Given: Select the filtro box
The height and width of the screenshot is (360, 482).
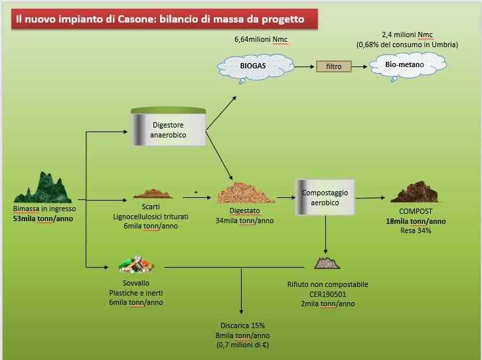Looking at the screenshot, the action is coord(333,66).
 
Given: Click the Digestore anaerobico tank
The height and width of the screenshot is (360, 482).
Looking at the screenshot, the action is coord(168,126).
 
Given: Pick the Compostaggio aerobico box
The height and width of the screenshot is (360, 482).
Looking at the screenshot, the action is coord(325,197).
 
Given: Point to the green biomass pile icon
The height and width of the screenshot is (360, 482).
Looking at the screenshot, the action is coord(43,187).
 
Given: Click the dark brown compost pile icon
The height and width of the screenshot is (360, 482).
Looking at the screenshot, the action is coord(414,192).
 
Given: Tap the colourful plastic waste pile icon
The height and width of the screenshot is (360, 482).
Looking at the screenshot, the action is coord(137,264).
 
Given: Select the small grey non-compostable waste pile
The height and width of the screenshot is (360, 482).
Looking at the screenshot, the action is coord(327,263).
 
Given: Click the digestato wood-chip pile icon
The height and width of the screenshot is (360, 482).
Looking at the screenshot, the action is coord(245,193).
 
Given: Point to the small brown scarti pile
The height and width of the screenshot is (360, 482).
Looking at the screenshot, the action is coord(153,193).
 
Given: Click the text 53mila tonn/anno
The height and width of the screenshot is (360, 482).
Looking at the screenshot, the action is coord(43,219).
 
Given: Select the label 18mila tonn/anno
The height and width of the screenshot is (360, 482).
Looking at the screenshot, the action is coord(416,221).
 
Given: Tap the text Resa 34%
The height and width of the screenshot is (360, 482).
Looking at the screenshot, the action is coord(416,230).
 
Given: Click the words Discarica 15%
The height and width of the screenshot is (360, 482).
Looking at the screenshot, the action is coord(242,325).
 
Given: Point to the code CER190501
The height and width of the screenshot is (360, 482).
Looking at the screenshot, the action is coord(328,294).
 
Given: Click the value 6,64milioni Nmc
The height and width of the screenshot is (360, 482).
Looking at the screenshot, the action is coord(261,39).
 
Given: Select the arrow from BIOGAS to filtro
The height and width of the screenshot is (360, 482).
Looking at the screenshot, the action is coord(304,66).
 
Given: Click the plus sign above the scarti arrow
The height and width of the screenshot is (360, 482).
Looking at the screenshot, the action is coord(196,192).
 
